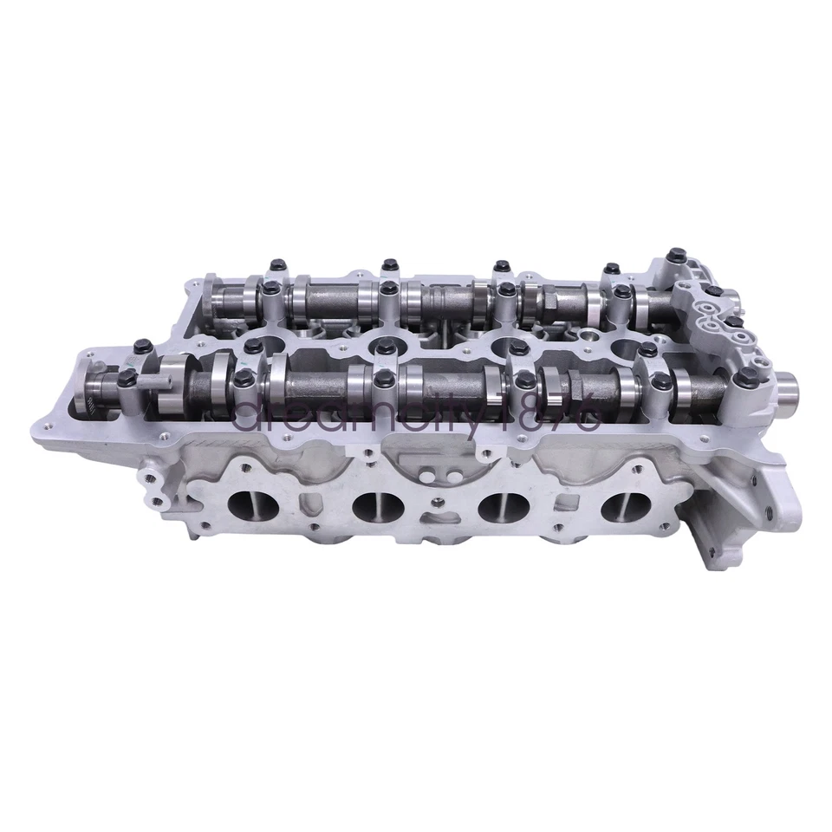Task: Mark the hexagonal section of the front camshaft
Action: pyautogui.click(x=550, y=381)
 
